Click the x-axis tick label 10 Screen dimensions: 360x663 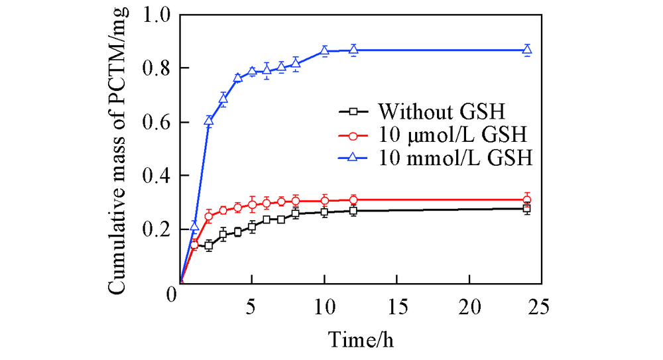coord(324,306)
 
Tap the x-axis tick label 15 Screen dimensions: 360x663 coord(396,306)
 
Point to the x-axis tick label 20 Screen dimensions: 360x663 coord(469,306)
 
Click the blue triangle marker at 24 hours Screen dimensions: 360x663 coord(527,49)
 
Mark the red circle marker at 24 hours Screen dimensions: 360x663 coord(527,200)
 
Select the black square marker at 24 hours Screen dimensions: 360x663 coord(527,209)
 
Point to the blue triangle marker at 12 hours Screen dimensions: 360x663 coord(353,49)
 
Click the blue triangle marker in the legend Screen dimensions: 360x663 coord(353,159)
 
